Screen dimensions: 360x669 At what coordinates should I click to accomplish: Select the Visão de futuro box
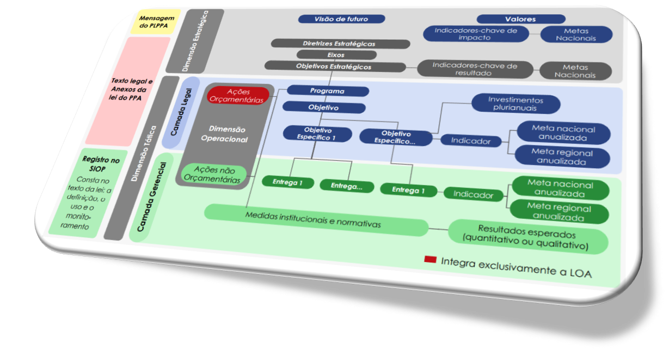341,19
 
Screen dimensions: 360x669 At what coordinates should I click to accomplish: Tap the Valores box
520,19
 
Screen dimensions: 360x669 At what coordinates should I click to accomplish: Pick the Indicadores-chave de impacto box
476,34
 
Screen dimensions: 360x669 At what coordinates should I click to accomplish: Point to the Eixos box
336,55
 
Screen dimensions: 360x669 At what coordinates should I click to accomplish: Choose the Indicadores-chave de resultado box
474,69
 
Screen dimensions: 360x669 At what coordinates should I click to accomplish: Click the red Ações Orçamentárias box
238,96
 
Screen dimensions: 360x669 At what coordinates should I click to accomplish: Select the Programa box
327,91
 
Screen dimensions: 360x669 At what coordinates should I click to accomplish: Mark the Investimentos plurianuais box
515,103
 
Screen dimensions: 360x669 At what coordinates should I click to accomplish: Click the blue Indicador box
471,141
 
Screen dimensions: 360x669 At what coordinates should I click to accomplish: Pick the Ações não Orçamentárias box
213,175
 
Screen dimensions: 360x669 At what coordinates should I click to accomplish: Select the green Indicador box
473,195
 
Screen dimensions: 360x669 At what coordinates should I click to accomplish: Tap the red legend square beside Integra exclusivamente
431,260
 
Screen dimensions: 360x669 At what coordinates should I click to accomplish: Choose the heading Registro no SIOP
101,164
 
